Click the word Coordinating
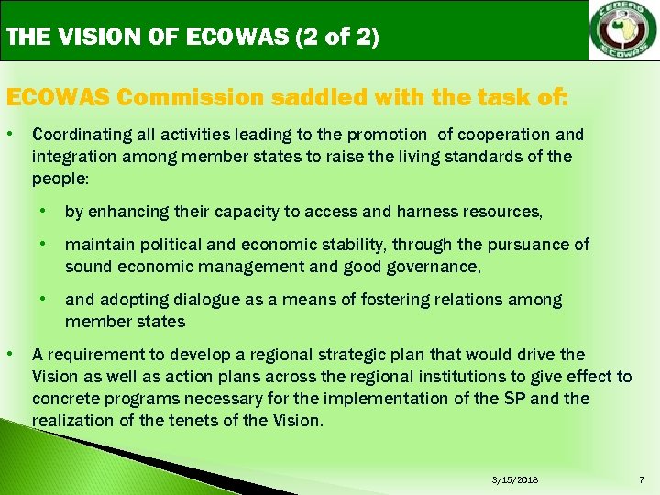pyautogui.click(x=77, y=135)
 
